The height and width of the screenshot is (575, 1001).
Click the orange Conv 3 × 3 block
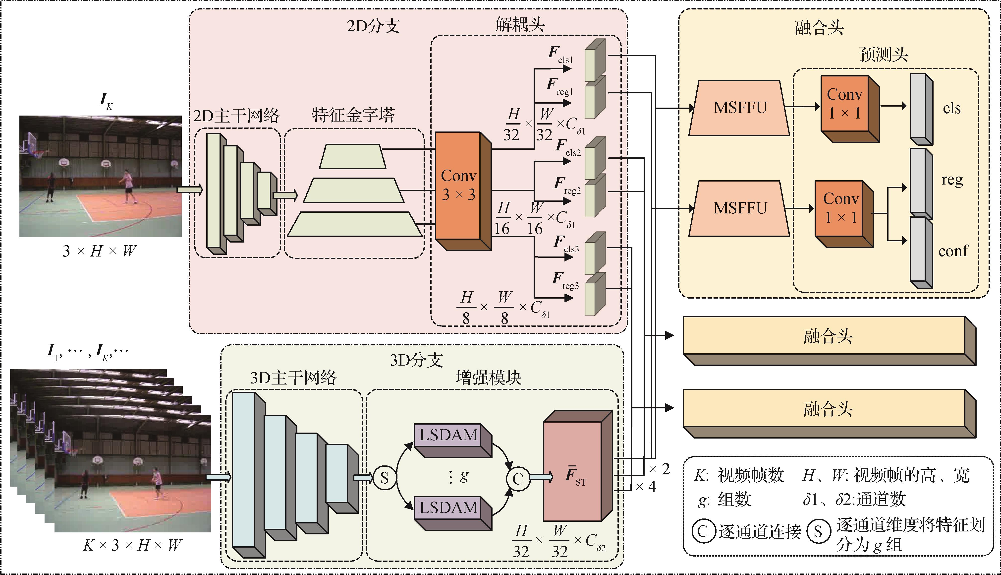[458, 186]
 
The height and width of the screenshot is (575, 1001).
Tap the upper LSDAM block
[449, 435]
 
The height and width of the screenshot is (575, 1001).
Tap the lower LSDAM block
[449, 508]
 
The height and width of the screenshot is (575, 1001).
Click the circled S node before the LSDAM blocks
[384, 478]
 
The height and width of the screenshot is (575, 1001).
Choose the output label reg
[952, 180]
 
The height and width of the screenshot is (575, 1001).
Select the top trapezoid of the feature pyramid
[352, 156]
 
